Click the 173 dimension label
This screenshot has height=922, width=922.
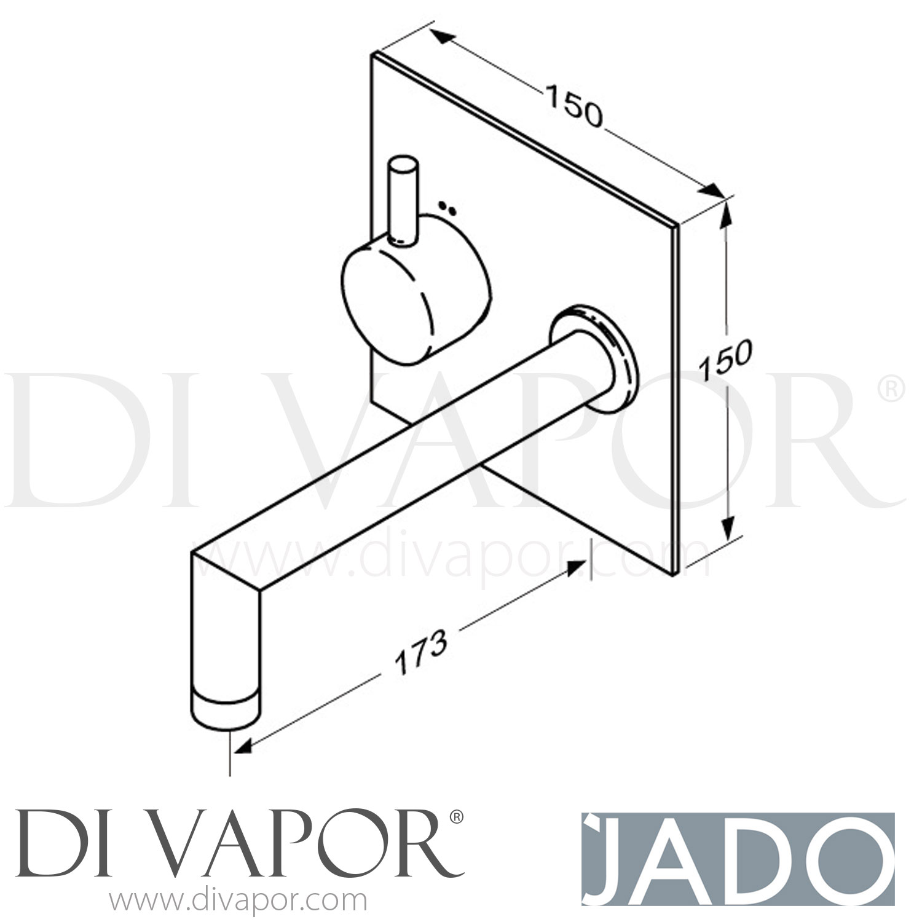[420, 652]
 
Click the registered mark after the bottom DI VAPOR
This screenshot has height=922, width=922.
[455, 817]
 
